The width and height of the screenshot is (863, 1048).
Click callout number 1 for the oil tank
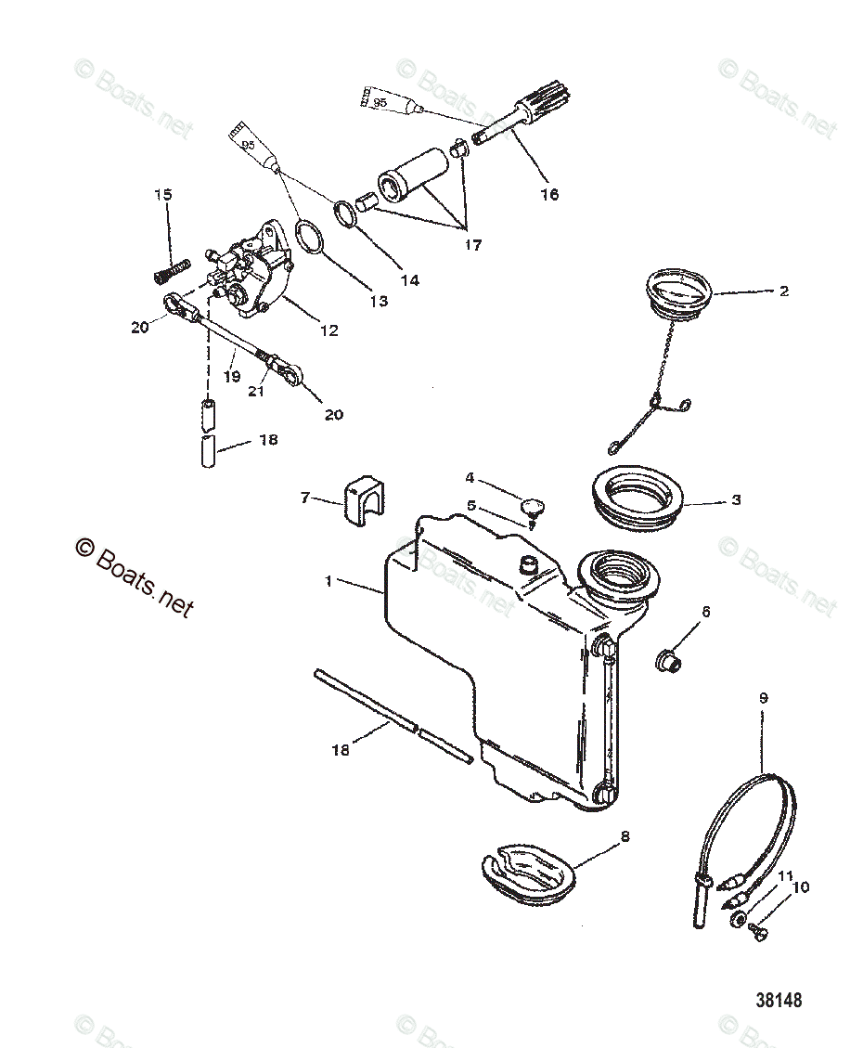328,581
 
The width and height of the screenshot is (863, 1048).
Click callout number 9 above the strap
763,697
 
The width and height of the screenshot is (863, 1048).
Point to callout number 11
785,875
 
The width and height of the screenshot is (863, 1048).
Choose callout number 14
409,279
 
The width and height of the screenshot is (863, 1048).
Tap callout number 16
550,194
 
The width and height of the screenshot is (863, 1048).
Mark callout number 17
473,245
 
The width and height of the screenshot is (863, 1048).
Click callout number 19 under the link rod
232,377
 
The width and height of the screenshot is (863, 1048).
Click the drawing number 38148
779,1001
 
